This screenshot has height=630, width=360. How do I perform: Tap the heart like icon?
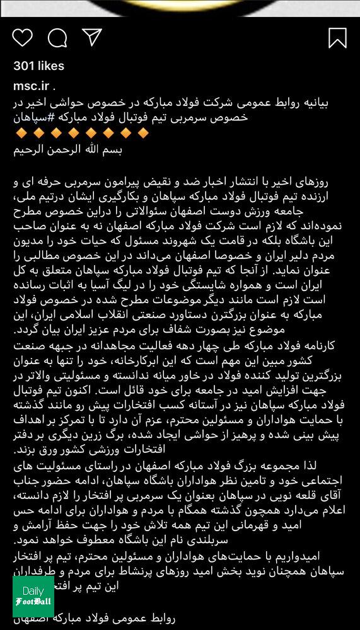[x=22, y=38]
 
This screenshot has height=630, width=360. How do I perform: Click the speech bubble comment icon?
[x=57, y=38]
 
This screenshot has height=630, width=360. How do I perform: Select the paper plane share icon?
[x=92, y=37]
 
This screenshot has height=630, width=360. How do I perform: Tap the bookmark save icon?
[x=337, y=38]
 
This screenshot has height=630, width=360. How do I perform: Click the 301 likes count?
[x=39, y=66]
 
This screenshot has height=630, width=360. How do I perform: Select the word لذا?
[x=337, y=466]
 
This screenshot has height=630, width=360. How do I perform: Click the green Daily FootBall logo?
[x=33, y=597]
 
